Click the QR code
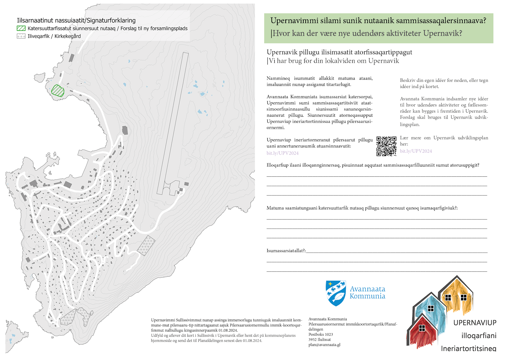[x=386, y=146]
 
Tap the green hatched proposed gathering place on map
[x=58, y=90]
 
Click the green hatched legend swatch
[x=21, y=28]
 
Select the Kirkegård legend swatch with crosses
[x=21, y=36]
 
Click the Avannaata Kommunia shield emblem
[x=336, y=293]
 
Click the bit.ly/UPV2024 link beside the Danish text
[x=416, y=151]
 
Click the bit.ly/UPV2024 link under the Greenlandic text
[x=282, y=153]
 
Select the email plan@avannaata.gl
[x=324, y=345]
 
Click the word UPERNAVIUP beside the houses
[x=475, y=323]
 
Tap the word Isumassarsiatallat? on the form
[x=286, y=251]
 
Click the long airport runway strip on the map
[x=173, y=123]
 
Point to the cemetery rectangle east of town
[x=146, y=245]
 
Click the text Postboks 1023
[x=321, y=334]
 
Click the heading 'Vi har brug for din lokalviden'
[x=334, y=61]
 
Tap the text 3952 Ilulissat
[x=320, y=340]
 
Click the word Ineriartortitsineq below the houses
[x=468, y=348]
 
